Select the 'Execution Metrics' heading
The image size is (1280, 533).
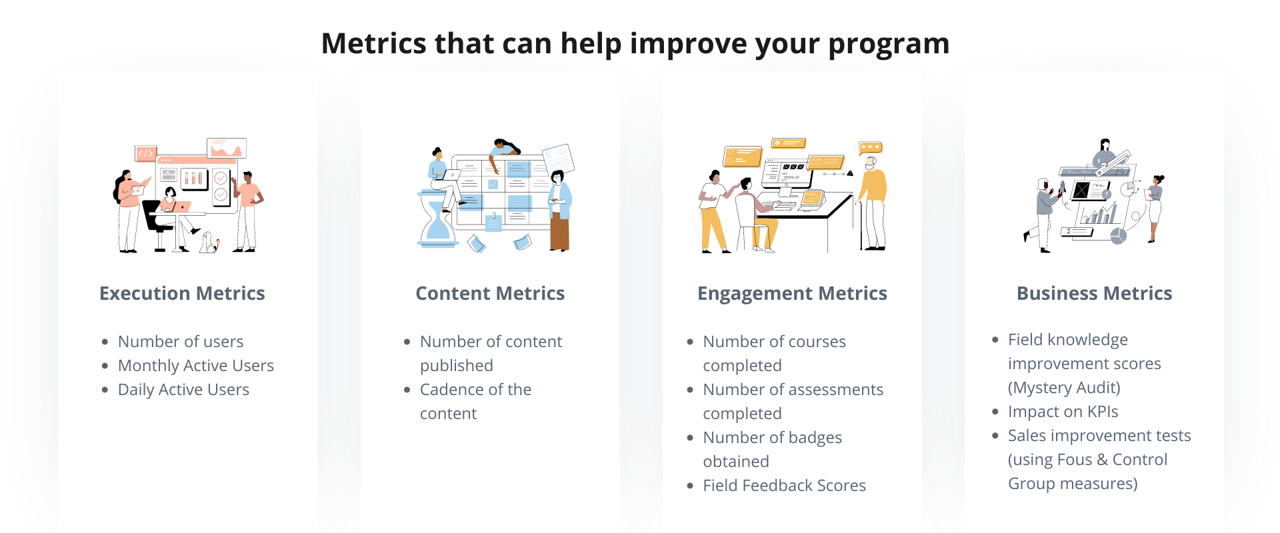point(182,293)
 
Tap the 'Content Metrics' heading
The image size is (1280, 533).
point(490,293)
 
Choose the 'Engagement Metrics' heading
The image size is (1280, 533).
point(792,294)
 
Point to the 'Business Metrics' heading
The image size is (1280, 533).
point(1094,293)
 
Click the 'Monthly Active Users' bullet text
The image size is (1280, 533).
point(196,366)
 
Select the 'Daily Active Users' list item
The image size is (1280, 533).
point(183,390)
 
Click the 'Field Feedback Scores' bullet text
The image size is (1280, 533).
point(784,486)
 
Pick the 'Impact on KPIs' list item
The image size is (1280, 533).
point(1063,412)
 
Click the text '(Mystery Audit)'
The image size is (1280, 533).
point(1064,388)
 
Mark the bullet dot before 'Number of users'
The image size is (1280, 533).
point(105,342)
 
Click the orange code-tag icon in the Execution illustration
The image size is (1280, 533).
point(145,153)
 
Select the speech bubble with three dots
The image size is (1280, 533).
point(871,147)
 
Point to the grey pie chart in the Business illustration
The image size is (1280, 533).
point(1118,235)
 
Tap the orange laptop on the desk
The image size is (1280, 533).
point(813,198)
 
